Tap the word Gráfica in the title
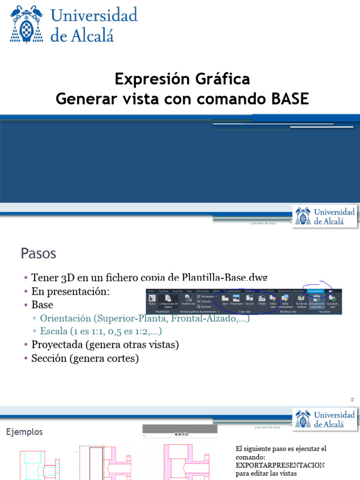click(x=223, y=79)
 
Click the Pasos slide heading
click(x=38, y=254)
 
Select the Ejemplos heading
click(x=24, y=432)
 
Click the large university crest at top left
click(x=26, y=24)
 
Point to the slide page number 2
click(x=352, y=399)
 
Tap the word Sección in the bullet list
click(x=48, y=359)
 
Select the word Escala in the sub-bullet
click(x=54, y=331)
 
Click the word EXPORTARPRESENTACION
click(x=280, y=465)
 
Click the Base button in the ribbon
click(x=225, y=300)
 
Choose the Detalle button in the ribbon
click(x=262, y=300)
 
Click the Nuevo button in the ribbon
click(x=152, y=300)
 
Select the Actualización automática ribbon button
click(x=317, y=300)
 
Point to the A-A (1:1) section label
click(x=180, y=434)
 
